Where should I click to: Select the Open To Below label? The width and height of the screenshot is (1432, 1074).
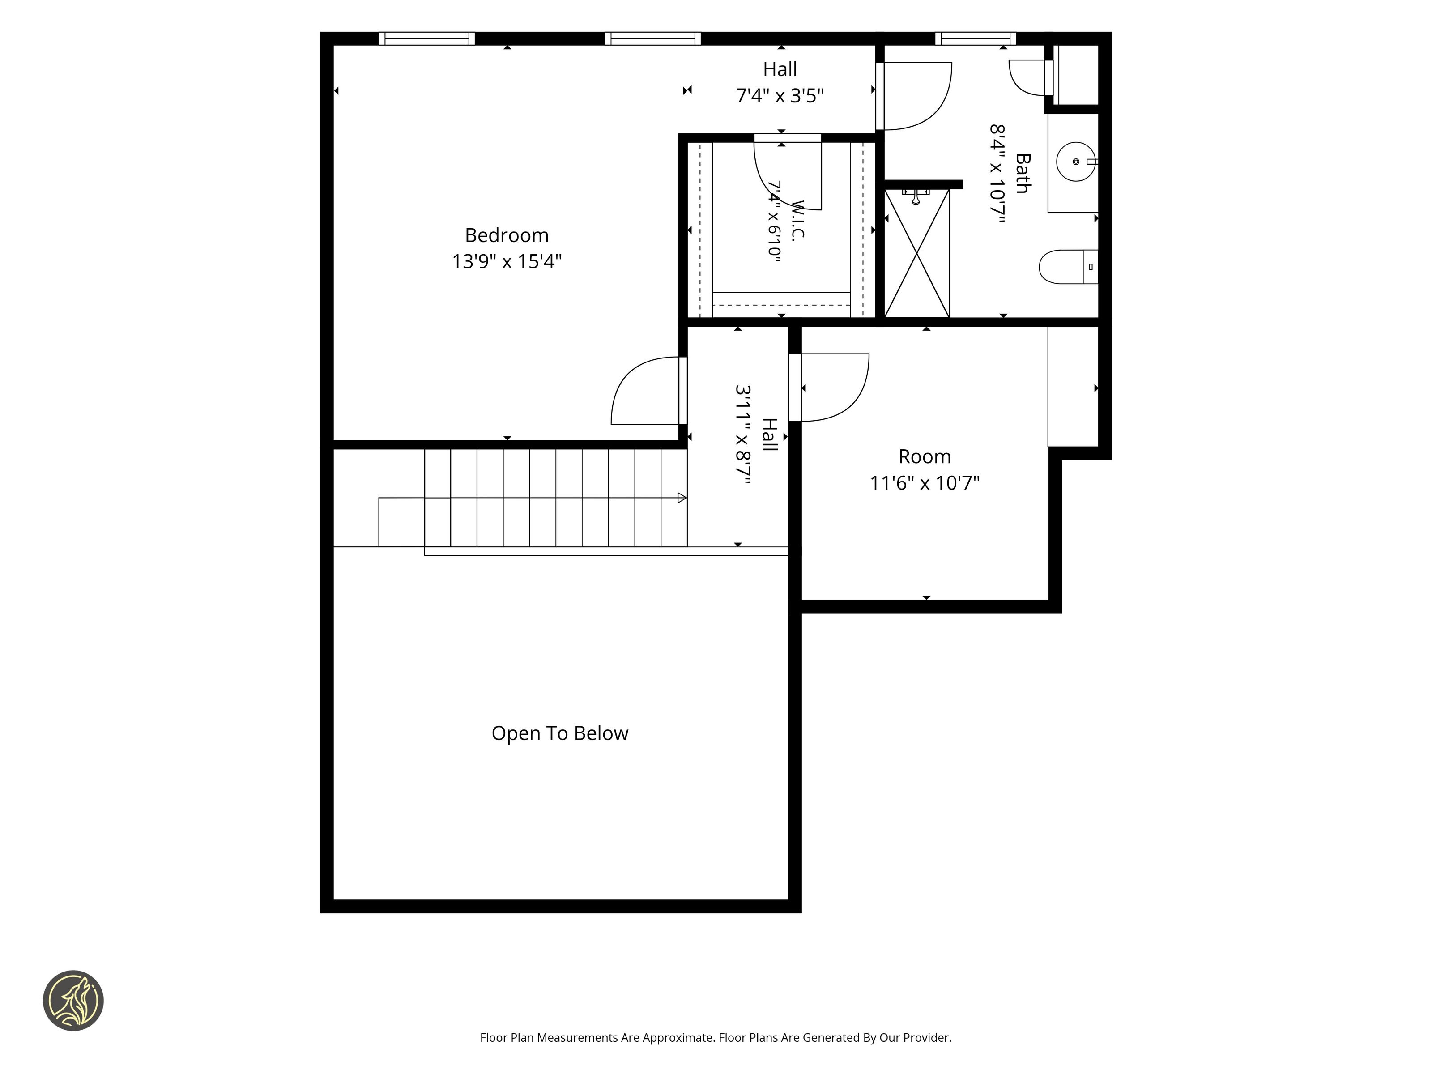[560, 733]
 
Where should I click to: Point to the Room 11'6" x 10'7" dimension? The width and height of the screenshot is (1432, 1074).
[925, 483]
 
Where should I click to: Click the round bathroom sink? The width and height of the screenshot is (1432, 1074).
[1075, 161]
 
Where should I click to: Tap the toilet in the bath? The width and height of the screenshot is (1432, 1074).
[1068, 267]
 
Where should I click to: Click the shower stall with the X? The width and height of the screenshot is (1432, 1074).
[916, 253]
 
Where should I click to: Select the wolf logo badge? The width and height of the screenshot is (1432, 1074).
[73, 1000]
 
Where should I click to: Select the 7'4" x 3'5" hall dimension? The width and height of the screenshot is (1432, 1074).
[780, 96]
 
